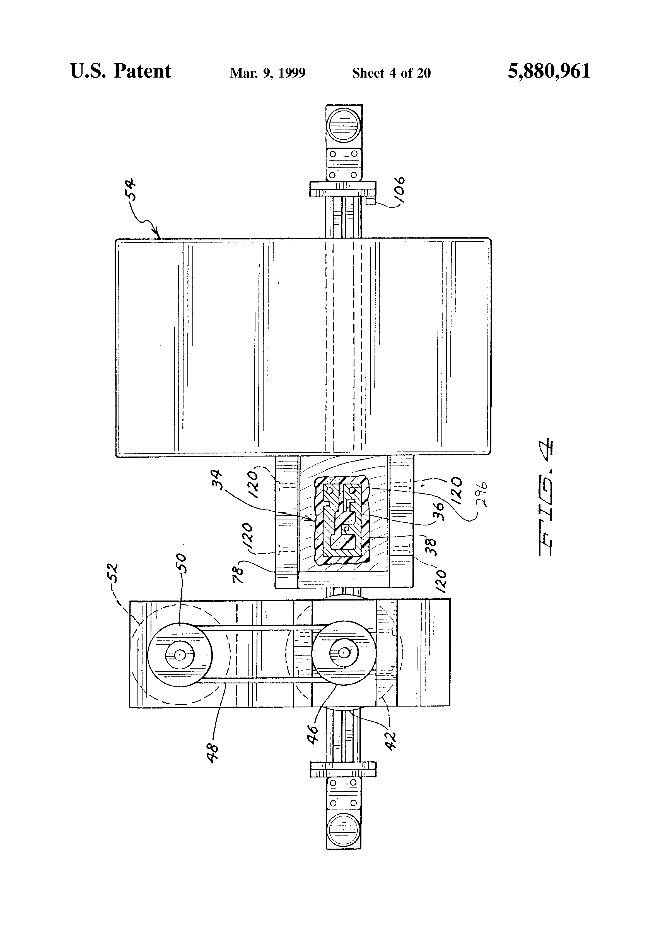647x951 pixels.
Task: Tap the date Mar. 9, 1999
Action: (x=268, y=73)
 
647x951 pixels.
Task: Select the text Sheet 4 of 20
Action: (x=391, y=73)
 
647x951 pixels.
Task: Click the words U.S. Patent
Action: (x=121, y=71)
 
